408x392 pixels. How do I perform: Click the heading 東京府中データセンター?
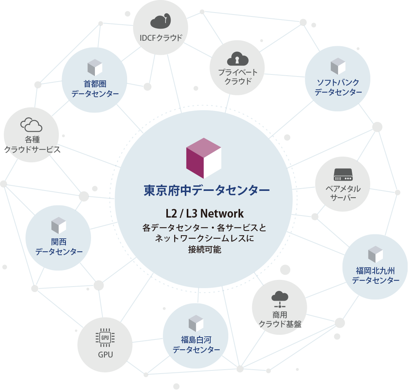coord(207,191)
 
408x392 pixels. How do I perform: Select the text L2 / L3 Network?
coord(204,214)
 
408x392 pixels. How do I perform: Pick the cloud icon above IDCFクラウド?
coord(161,22)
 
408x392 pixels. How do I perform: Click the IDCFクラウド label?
coord(161,38)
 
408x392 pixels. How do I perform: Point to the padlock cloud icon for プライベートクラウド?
coord(238,59)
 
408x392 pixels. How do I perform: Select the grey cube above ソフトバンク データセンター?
coord(338,66)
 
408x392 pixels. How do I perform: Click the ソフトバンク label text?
coord(338,82)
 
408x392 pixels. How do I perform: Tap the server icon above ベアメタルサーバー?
coord(343,175)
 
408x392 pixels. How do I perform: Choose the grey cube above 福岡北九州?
coord(375,254)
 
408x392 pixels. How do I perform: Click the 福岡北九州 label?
coord(375,270)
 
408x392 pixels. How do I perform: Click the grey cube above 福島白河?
coord(196,323)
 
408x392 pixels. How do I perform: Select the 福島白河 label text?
coord(196,339)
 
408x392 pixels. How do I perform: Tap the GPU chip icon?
coord(105,338)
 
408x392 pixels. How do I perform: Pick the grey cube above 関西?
coord(58,225)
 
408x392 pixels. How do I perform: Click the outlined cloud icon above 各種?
coord(31,125)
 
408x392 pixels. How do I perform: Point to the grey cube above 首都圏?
coord(95,67)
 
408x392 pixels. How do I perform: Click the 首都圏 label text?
coord(95,84)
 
